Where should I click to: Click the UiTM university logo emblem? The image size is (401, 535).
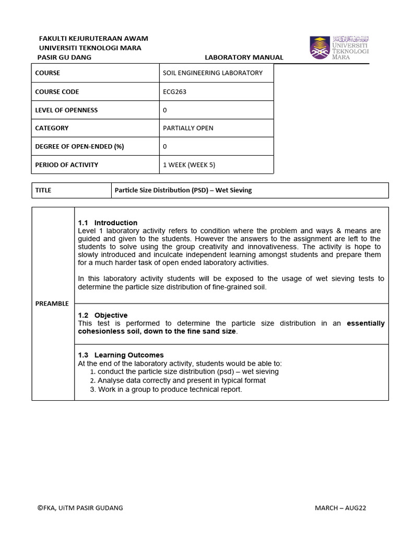[320, 48]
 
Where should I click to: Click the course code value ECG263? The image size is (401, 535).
[174, 91]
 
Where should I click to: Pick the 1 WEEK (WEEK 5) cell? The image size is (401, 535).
[189, 165]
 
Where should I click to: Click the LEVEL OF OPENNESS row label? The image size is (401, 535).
[66, 110]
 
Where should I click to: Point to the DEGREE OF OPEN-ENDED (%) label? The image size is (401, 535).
[79, 146]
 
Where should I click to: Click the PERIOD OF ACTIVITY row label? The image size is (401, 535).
[66, 165]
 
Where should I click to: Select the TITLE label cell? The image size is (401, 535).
[43, 190]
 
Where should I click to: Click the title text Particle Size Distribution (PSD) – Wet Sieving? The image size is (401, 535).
[183, 190]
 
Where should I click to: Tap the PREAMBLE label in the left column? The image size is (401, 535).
[52, 304]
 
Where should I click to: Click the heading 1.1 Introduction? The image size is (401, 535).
[108, 223]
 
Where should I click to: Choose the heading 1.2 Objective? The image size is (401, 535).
[102, 315]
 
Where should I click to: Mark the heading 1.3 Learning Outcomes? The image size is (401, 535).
[121, 355]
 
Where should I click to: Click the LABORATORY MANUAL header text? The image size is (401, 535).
[244, 57]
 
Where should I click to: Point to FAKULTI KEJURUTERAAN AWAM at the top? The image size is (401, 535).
[93, 38]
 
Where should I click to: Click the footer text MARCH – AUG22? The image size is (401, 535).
[340, 508]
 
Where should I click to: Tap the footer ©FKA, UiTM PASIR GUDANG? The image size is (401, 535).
[80, 508]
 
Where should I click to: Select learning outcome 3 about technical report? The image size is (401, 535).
[166, 389]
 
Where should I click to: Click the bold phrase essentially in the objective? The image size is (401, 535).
[365, 323]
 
